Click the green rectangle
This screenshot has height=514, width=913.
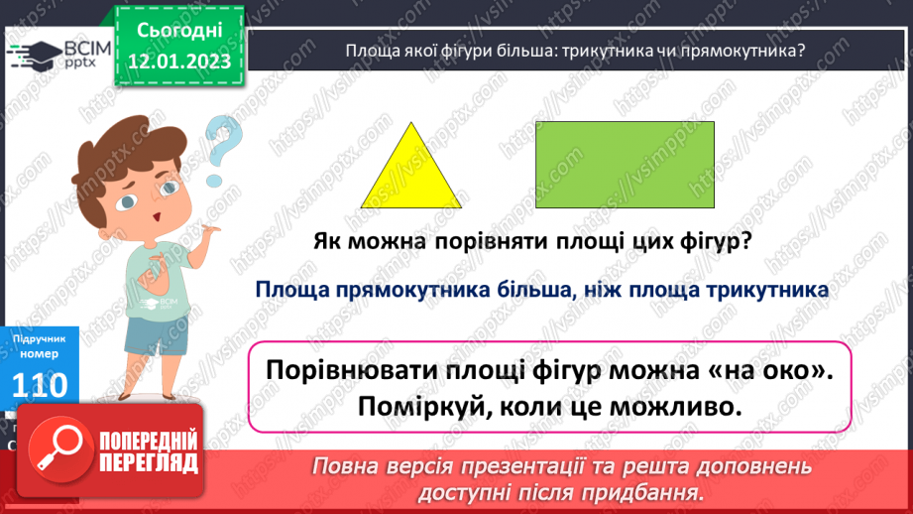pyautogui.click(x=625, y=165)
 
